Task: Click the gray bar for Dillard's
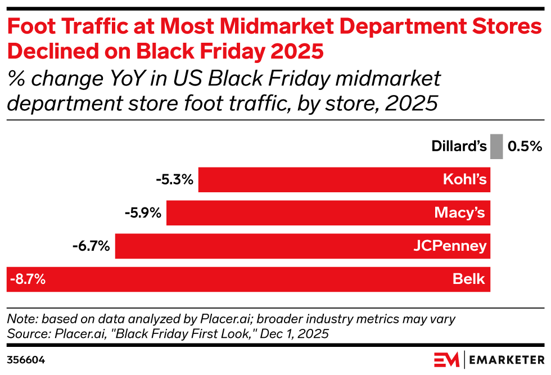(x=496, y=146)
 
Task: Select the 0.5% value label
(x=525, y=147)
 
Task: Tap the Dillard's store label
(x=459, y=147)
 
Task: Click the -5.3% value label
(x=175, y=180)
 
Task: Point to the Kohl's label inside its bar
(x=464, y=180)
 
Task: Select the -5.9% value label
(x=143, y=213)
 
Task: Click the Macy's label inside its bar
(x=460, y=213)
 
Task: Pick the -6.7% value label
(x=91, y=246)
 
